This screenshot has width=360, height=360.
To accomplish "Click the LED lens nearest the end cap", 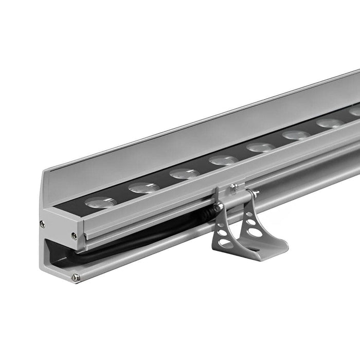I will coord(101,203).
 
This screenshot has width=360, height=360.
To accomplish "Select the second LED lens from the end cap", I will coord(143,188).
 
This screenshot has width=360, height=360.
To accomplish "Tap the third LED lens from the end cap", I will coord(184,173).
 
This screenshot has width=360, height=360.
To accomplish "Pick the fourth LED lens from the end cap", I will coord(223,160).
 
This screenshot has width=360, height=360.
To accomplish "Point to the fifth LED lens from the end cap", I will coord(261,147).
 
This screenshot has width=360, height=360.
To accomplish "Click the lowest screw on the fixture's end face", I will coord(76,278).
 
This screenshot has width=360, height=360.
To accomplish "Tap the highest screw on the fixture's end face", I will coord(42,224).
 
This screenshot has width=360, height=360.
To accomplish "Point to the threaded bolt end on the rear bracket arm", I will coord(255,193).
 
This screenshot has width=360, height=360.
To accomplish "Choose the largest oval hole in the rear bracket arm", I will coord(255,232).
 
